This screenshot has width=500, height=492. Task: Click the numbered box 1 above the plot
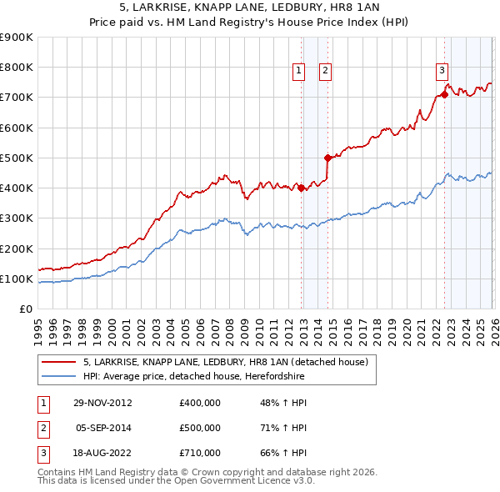(x=298, y=72)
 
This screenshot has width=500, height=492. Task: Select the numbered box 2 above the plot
(x=325, y=72)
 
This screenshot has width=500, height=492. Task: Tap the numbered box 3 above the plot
(x=442, y=72)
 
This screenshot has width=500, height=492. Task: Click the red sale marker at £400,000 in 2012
(x=302, y=188)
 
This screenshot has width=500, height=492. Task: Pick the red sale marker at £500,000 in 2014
(x=327, y=158)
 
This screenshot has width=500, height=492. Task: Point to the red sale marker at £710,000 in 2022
(x=444, y=94)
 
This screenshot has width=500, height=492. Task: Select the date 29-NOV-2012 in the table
(x=103, y=403)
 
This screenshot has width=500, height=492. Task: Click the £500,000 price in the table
(x=200, y=428)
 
